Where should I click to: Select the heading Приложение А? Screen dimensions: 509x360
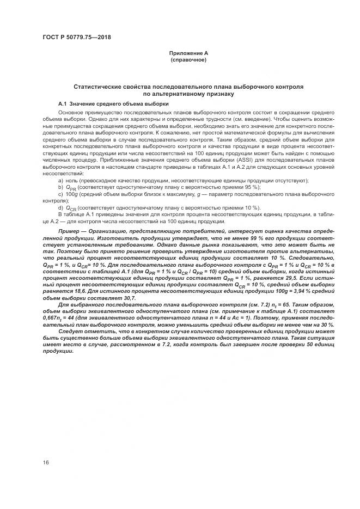click(x=188, y=53)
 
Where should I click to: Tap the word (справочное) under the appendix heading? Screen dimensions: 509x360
click(x=188, y=59)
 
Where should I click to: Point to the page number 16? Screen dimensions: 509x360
click(x=46, y=462)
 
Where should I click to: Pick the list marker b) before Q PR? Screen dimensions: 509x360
click(x=60, y=187)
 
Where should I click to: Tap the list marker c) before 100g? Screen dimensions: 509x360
click(x=60, y=194)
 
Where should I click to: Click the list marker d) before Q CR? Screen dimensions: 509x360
click(x=60, y=207)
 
